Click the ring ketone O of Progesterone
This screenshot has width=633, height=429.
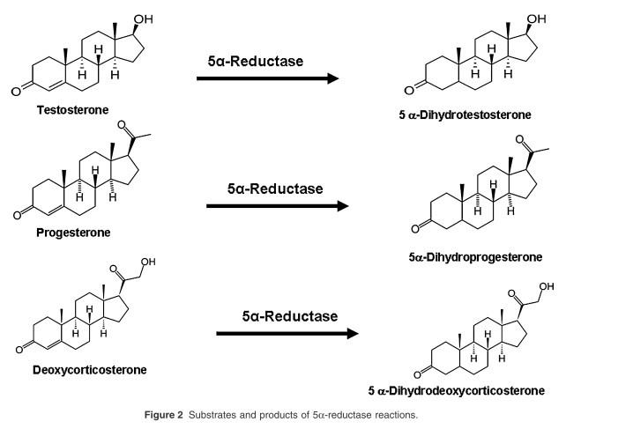click(x=9, y=213)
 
